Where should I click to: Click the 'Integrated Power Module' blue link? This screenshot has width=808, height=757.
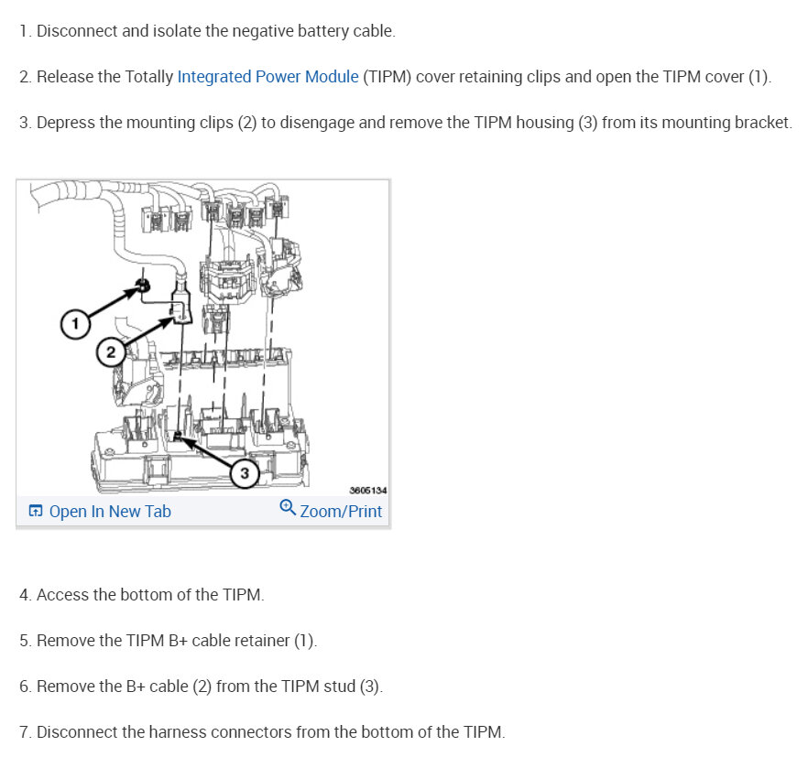pos(268,77)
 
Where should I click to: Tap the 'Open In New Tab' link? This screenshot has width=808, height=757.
pos(110,512)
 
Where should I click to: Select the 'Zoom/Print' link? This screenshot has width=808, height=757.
pos(341,512)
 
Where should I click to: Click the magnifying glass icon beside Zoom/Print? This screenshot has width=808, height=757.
pos(288,507)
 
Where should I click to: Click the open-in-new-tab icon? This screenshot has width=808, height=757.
pos(36,511)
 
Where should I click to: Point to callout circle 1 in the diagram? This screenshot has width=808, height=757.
pos(75,324)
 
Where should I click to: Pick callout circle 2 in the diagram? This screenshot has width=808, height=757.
pos(110,352)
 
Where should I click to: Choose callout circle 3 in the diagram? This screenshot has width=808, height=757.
pos(245,472)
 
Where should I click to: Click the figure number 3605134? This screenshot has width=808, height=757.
pos(368,491)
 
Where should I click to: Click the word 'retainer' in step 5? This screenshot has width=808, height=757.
pos(262,641)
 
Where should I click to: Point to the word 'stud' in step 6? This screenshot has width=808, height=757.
pos(340,687)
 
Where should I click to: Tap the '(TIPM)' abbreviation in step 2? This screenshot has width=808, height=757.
pos(387,77)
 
